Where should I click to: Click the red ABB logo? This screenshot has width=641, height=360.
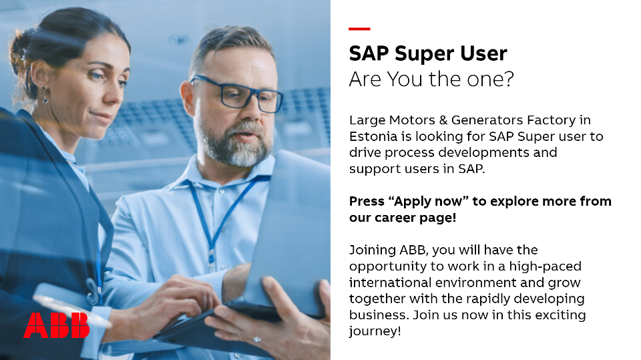tap(56, 325)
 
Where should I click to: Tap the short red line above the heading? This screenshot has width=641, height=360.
tap(359, 29)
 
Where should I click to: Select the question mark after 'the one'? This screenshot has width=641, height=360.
tap(509, 79)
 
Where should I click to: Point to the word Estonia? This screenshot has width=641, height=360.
tap(373, 136)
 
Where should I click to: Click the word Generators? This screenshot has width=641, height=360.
tap(487, 120)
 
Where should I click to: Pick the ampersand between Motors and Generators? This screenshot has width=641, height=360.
tap(443, 120)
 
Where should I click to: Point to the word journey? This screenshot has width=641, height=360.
tap(375, 331)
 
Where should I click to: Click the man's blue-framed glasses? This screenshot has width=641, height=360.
tap(237, 94)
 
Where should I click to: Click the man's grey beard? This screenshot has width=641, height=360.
tap(233, 144)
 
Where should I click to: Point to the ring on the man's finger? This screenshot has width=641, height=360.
tap(256, 339)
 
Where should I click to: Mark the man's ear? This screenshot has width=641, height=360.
tap(188, 98)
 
